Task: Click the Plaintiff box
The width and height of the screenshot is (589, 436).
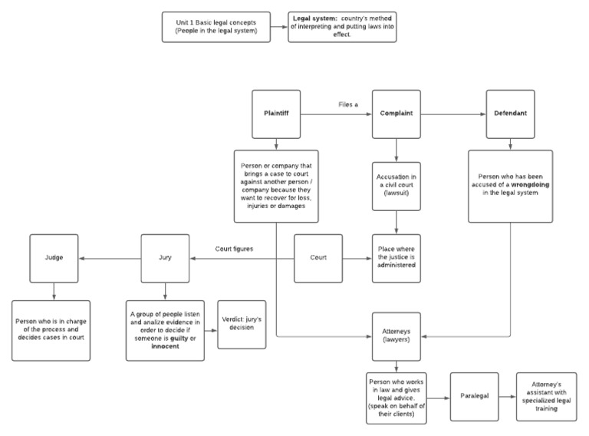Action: pos(275,114)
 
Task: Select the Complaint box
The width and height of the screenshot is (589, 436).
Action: pos(396,114)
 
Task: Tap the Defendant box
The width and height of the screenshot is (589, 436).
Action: pos(510,114)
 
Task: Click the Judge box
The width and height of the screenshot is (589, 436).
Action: pos(54,258)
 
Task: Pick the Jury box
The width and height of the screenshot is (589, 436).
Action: pos(165,258)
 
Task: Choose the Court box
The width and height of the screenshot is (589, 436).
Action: pos(319,258)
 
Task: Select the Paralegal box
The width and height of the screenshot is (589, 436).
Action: pos(474,396)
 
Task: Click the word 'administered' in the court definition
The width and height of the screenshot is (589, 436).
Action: pos(396,265)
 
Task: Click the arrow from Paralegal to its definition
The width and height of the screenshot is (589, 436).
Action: pos(505,397)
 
